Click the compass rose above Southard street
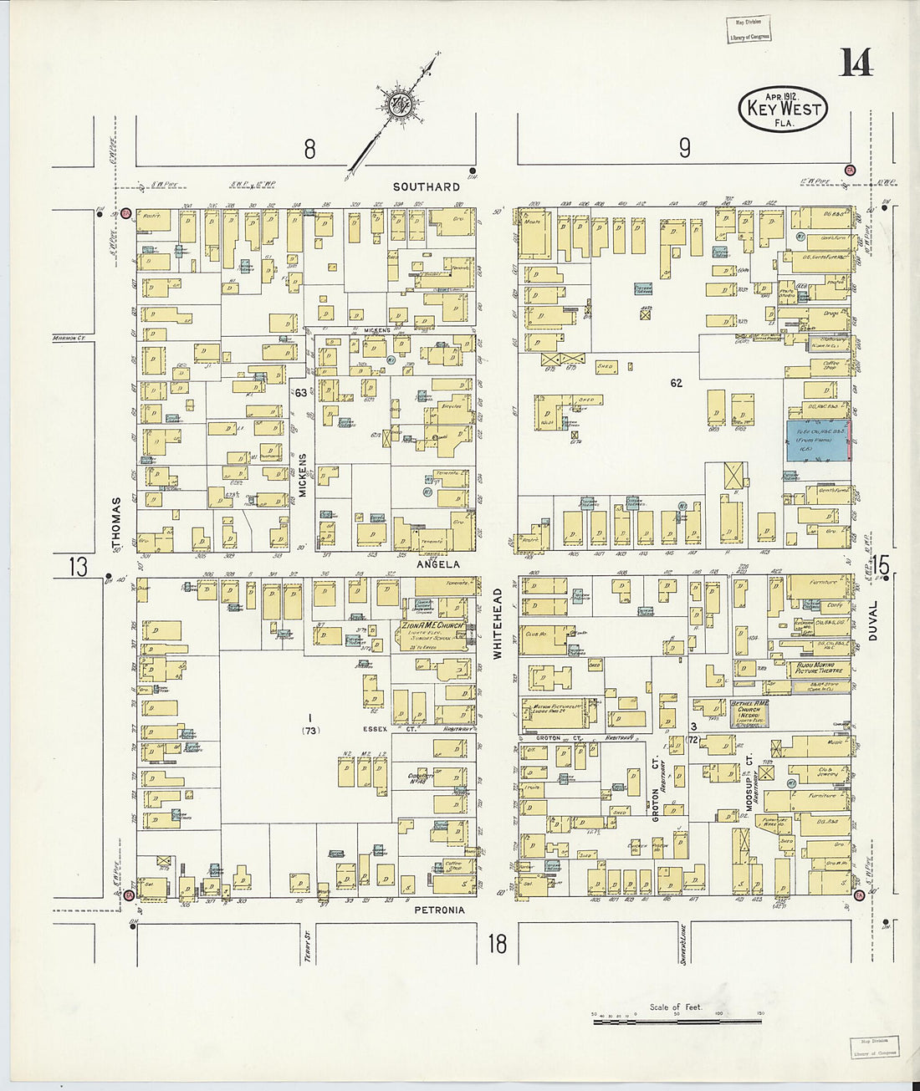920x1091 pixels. click(397, 105)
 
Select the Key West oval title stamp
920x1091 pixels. click(783, 109)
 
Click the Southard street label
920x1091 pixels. click(427, 186)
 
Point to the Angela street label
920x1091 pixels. click(440, 564)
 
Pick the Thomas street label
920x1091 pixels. click(116, 523)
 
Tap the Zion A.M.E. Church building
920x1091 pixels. click(432, 631)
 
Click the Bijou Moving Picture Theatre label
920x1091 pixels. click(818, 669)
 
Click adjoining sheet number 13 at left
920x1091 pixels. click(78, 567)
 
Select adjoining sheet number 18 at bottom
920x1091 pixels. click(497, 944)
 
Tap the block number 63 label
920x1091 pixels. click(300, 392)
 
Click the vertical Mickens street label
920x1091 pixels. click(303, 476)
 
